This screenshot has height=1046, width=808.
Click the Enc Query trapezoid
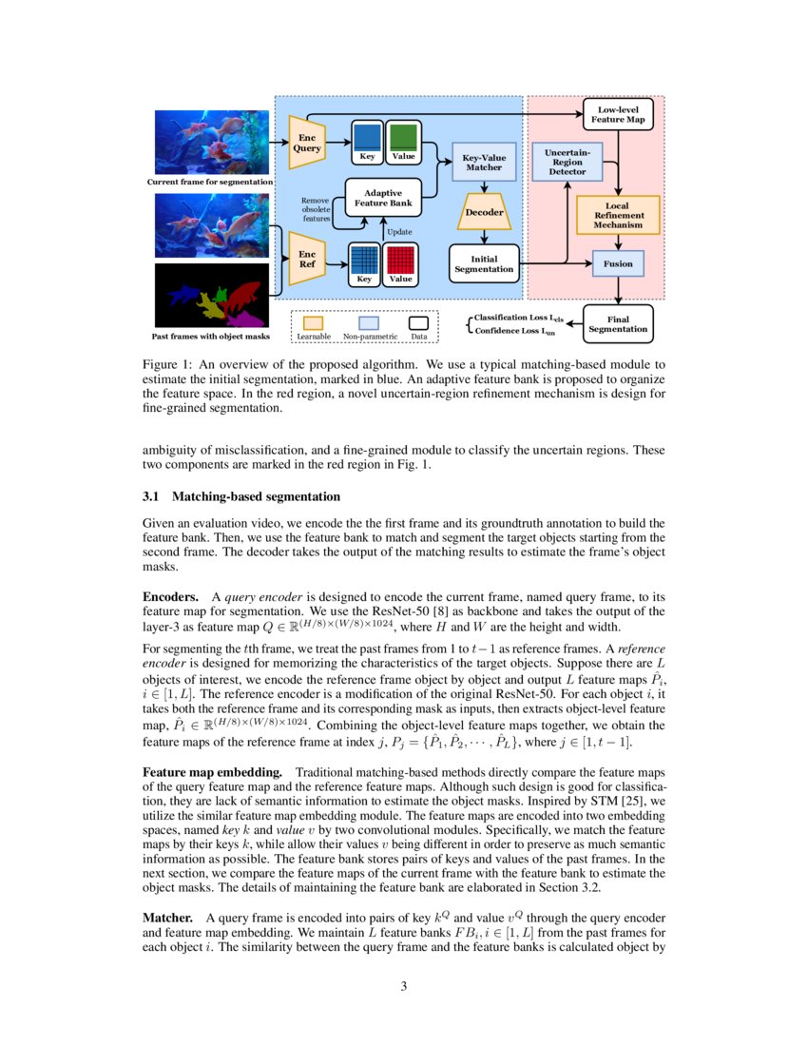(x=307, y=142)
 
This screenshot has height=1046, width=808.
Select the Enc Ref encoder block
(x=307, y=259)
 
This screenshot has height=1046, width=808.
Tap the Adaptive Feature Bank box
(x=382, y=199)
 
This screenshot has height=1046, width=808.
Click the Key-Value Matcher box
(x=483, y=162)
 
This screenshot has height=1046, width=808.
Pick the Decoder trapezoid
(x=483, y=213)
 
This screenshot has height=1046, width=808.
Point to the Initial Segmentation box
(x=483, y=263)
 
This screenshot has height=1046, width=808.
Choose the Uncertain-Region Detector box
(x=568, y=162)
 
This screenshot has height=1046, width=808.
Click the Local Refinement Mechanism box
(x=618, y=216)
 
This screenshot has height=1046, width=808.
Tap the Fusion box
(x=618, y=263)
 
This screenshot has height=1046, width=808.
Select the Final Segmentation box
(x=618, y=323)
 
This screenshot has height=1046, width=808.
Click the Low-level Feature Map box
(x=618, y=114)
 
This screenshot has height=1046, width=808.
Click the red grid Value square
(x=401, y=260)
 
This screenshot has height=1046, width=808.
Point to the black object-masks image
(x=213, y=296)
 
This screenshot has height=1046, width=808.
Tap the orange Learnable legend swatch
(x=313, y=323)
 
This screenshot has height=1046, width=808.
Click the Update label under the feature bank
(x=398, y=231)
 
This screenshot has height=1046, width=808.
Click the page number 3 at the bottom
(x=404, y=986)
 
